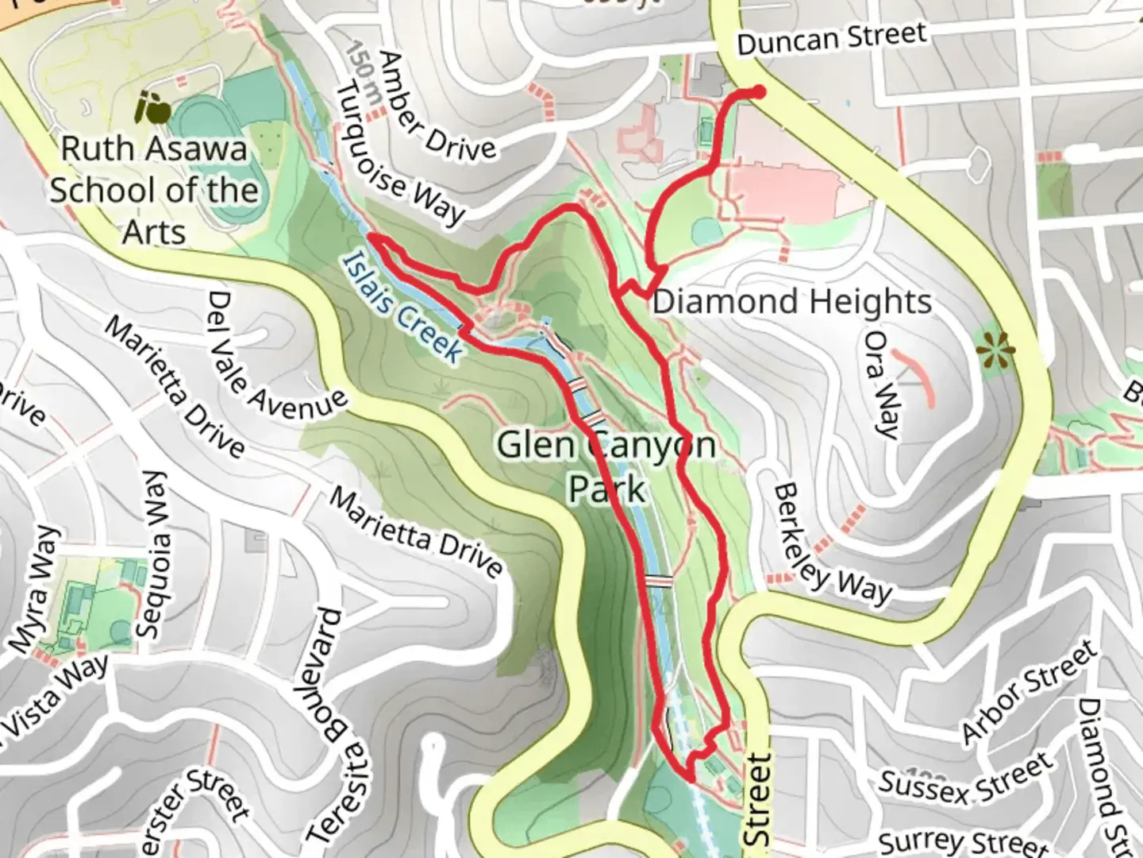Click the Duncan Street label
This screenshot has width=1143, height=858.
pyautogui.click(x=831, y=38)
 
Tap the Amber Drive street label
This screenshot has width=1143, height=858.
pyautogui.click(x=437, y=106)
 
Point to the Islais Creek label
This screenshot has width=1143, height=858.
pyautogui.click(x=402, y=307)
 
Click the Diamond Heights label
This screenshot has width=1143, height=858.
pyautogui.click(x=791, y=303)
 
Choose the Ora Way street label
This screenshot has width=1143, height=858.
pyautogui.click(x=882, y=385)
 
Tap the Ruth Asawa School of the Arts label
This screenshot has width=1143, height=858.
pyautogui.click(x=154, y=191)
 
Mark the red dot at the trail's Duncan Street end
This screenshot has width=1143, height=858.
pyautogui.click(x=759, y=92)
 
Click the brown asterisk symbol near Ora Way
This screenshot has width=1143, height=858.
pyautogui.click(x=995, y=347)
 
